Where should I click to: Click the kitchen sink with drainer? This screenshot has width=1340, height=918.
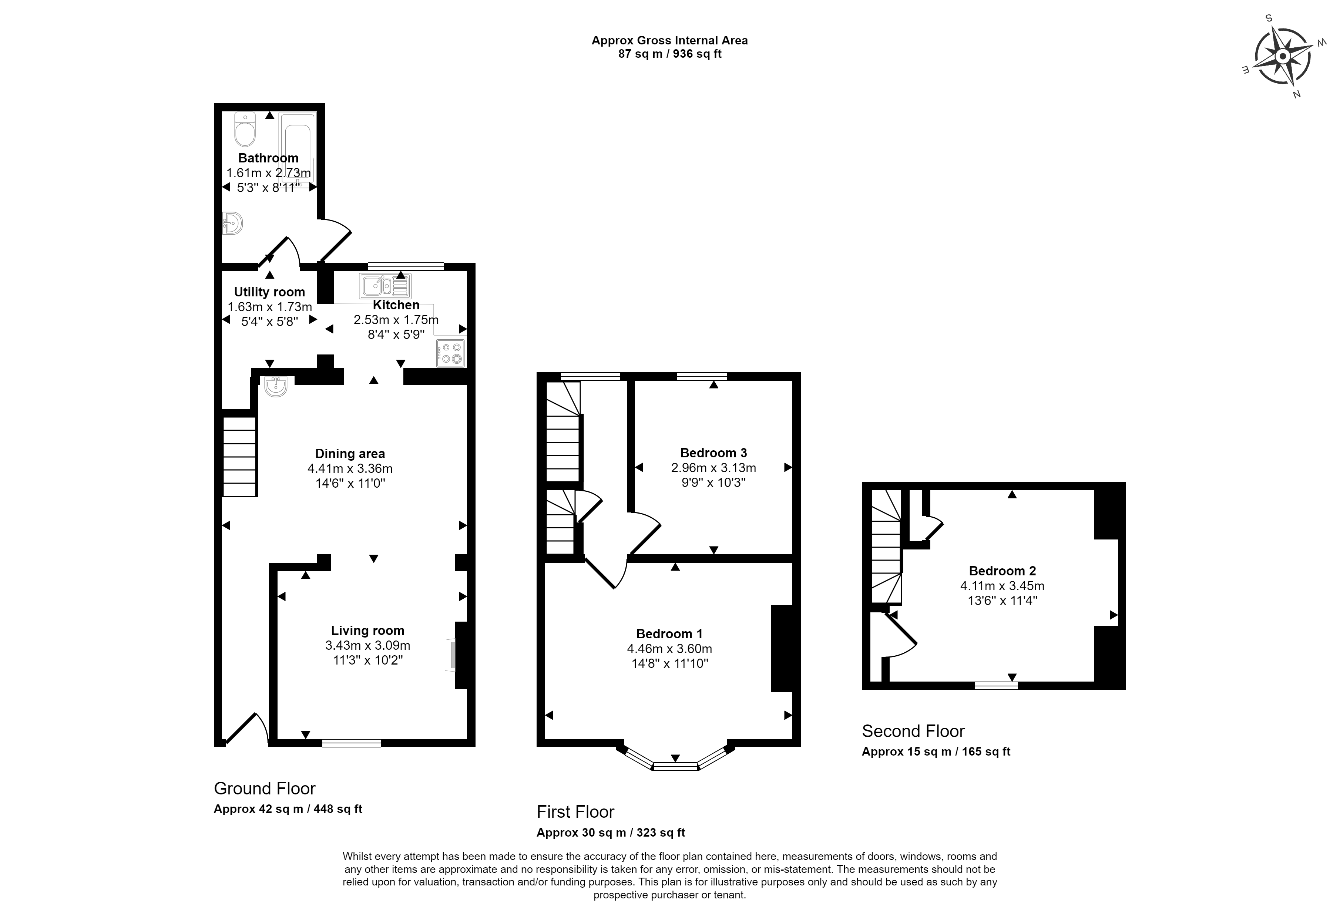[x=386, y=285]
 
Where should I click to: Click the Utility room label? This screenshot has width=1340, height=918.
[x=269, y=292]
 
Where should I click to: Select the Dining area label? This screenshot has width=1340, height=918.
[x=350, y=454]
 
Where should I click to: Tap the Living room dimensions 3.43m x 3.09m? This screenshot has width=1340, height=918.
[x=368, y=645]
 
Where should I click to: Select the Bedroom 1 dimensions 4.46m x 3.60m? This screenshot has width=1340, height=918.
[x=669, y=649]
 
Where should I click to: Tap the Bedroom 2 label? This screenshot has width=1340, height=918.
[x=1002, y=571]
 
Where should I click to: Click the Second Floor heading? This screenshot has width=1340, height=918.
[x=913, y=731]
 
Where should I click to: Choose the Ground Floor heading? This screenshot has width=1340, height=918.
[x=265, y=788]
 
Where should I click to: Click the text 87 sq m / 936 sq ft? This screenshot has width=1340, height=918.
[x=670, y=54]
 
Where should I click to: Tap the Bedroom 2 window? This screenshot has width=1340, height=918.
[x=996, y=686]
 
